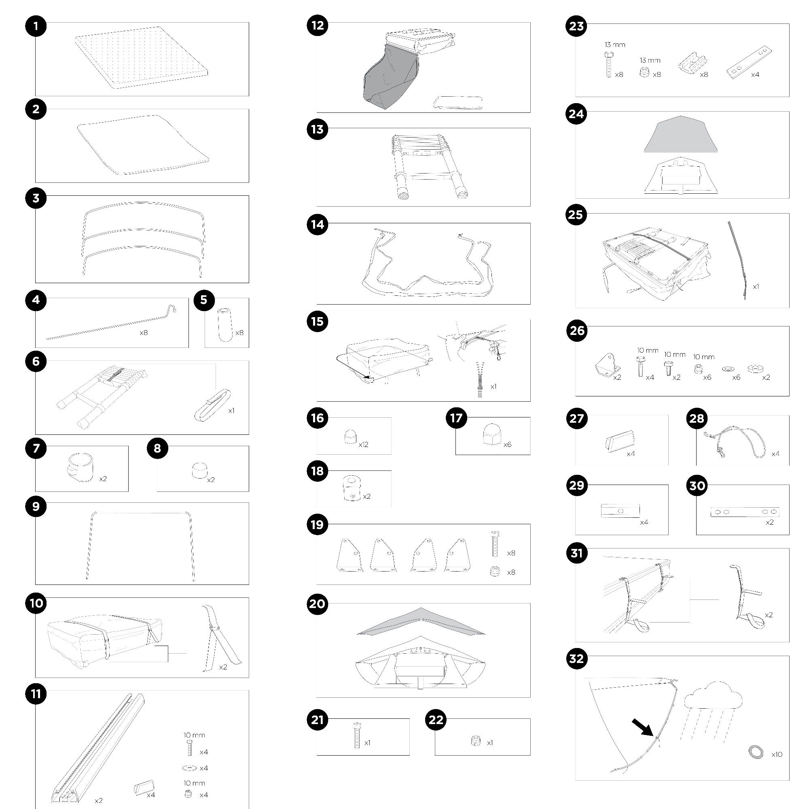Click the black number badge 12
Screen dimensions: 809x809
[318, 25]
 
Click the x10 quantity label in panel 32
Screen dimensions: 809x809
[777, 754]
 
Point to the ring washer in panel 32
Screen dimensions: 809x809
[756, 752]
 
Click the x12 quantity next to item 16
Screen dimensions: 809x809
[364, 444]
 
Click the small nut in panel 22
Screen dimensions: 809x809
[475, 741]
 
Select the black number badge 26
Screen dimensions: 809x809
[576, 330]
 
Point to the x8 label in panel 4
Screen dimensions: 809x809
[144, 333]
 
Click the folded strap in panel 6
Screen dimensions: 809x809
[213, 405]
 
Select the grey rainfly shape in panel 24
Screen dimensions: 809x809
[681, 134]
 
